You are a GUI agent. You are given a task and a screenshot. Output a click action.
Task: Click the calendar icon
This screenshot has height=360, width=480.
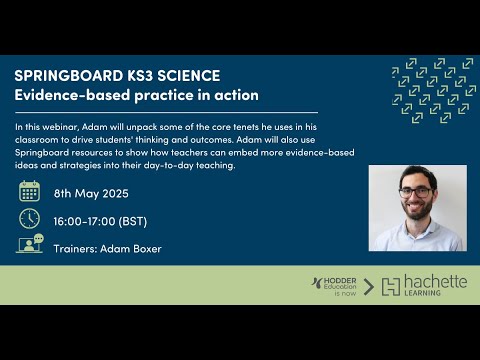(30, 191)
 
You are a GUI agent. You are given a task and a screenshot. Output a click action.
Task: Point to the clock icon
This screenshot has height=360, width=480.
(30, 218)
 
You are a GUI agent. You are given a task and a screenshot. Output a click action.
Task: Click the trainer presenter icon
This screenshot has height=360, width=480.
(30, 244)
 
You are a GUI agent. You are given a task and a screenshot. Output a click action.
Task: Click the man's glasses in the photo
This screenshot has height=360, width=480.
(415, 191)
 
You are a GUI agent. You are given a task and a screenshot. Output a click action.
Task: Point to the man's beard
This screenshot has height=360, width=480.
(415, 210)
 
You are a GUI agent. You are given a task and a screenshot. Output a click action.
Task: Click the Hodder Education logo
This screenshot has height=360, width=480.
(333, 286)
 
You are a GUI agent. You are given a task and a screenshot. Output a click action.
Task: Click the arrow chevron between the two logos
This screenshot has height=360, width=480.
(368, 287)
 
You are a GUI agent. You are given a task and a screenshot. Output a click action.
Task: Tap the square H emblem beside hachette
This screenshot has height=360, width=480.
(390, 287)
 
